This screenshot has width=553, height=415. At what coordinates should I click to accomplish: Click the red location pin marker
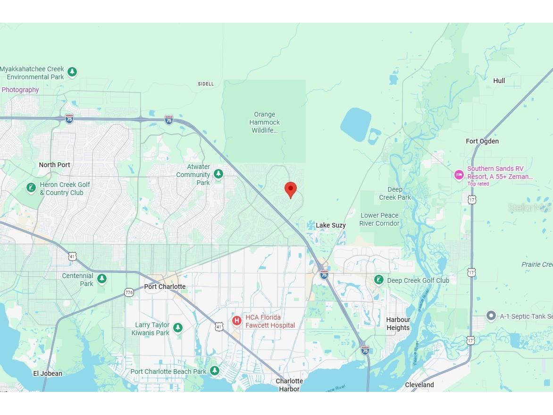point(291,189)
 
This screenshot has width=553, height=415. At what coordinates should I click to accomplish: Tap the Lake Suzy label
point(330,225)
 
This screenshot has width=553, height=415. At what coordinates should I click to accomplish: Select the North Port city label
point(54,165)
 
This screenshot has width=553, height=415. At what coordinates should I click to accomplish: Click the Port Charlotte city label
point(165,287)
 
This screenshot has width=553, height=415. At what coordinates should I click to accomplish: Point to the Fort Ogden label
point(482,141)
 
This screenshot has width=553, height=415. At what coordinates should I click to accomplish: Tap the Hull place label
point(499,81)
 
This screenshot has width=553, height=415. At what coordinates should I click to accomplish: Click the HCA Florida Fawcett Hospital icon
point(237,321)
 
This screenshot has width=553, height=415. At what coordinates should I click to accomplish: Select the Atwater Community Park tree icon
point(218,174)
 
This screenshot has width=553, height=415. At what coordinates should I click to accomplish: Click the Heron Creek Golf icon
point(31,188)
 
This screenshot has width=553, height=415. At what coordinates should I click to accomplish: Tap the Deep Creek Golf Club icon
point(378,280)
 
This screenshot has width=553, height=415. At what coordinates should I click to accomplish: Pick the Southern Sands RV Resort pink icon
point(459,175)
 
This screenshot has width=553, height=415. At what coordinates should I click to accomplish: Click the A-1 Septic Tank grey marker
point(491,316)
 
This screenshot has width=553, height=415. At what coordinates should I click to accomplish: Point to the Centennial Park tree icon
point(102,279)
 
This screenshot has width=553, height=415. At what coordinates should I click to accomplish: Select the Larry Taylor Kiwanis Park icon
point(178,328)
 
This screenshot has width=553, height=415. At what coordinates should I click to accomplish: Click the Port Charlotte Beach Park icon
point(215,371)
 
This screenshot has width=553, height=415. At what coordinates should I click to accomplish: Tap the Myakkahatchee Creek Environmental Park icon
point(72,72)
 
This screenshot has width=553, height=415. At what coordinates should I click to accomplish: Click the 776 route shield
point(129,293)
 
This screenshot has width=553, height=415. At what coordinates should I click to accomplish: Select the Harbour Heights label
point(398,323)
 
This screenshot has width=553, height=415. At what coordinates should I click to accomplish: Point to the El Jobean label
point(48,373)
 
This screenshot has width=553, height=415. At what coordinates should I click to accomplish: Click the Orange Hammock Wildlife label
point(264,122)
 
